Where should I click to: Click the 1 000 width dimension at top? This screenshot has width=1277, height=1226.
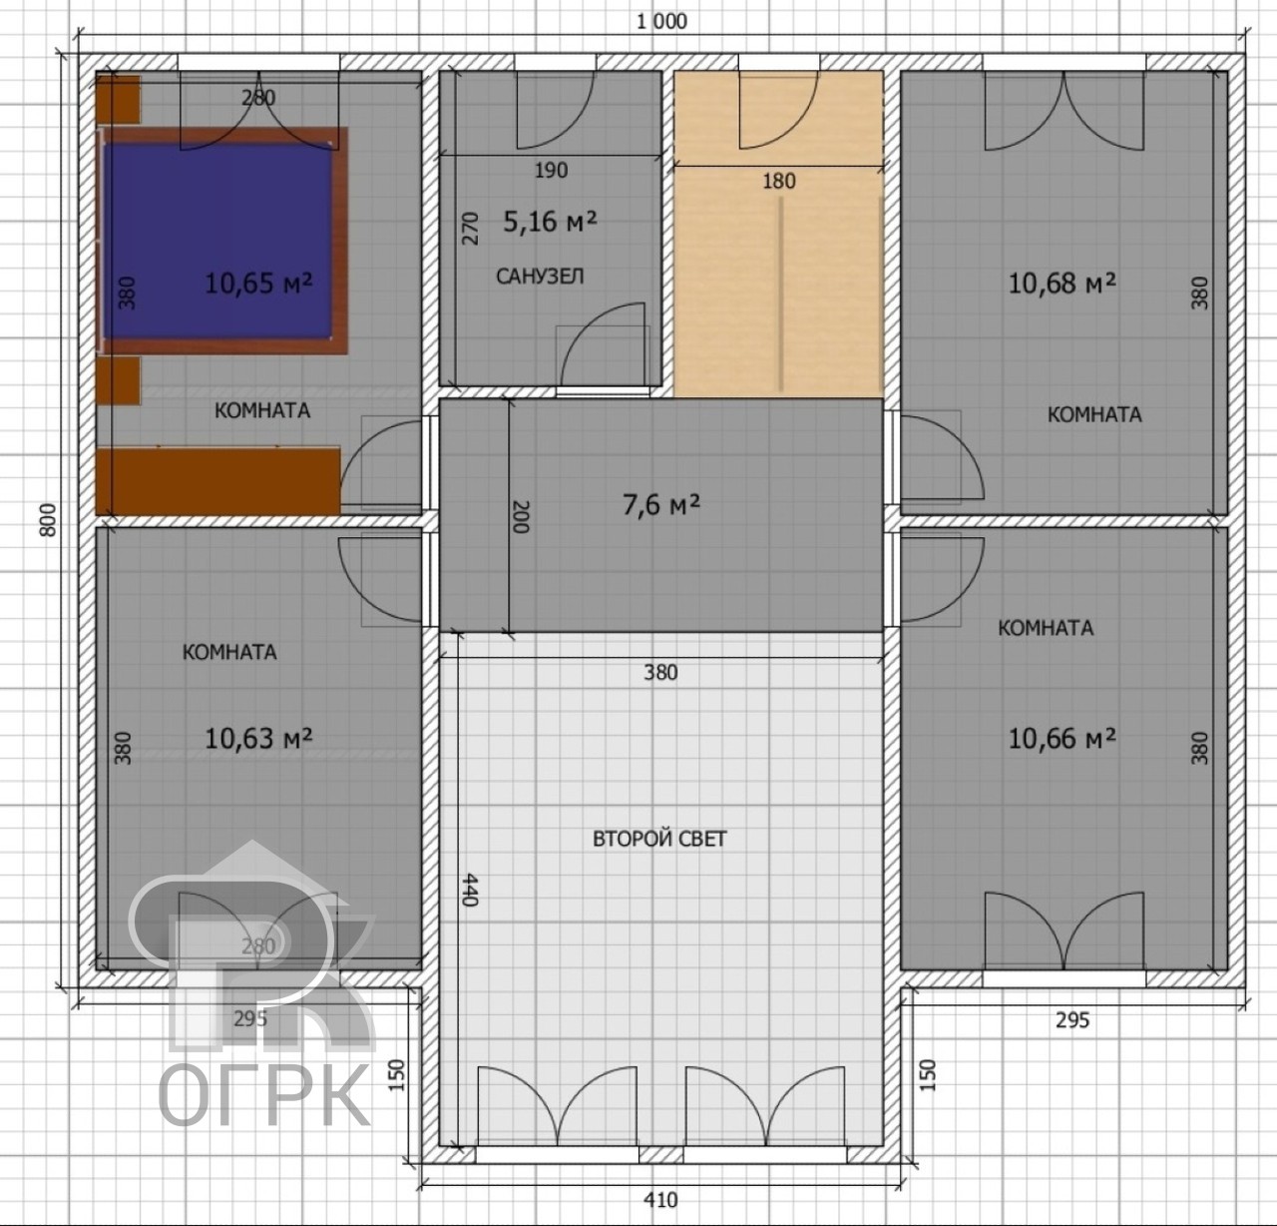[x=662, y=22]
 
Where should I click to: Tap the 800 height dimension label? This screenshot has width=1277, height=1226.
[x=48, y=520]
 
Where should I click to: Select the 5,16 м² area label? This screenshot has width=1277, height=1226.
[x=550, y=222]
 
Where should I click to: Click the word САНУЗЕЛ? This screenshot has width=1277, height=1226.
[x=540, y=277]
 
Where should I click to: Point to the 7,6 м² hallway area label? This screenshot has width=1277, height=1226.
[x=661, y=505]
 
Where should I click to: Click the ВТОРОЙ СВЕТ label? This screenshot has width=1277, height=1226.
[x=659, y=839]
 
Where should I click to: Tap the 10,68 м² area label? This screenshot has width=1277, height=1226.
[x=1062, y=283]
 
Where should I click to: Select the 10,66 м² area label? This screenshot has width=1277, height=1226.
[x=1062, y=739]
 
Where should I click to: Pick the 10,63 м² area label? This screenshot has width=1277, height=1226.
[x=258, y=739]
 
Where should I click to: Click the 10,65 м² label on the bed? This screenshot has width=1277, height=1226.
[x=258, y=283]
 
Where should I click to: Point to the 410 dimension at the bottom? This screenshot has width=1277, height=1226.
[x=660, y=1200]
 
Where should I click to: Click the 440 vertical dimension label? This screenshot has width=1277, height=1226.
[x=469, y=890]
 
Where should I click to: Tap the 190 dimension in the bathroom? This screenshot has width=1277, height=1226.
[x=552, y=170]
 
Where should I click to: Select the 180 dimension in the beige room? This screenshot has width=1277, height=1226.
[x=779, y=181]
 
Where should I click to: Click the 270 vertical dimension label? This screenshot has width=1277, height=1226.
[x=470, y=228]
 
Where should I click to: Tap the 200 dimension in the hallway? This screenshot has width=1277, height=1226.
[x=520, y=517]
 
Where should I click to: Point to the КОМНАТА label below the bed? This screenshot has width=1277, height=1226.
[x=262, y=410]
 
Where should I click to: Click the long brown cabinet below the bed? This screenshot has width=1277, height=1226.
[x=218, y=480]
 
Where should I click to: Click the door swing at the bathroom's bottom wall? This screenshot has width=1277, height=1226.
[x=603, y=343]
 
